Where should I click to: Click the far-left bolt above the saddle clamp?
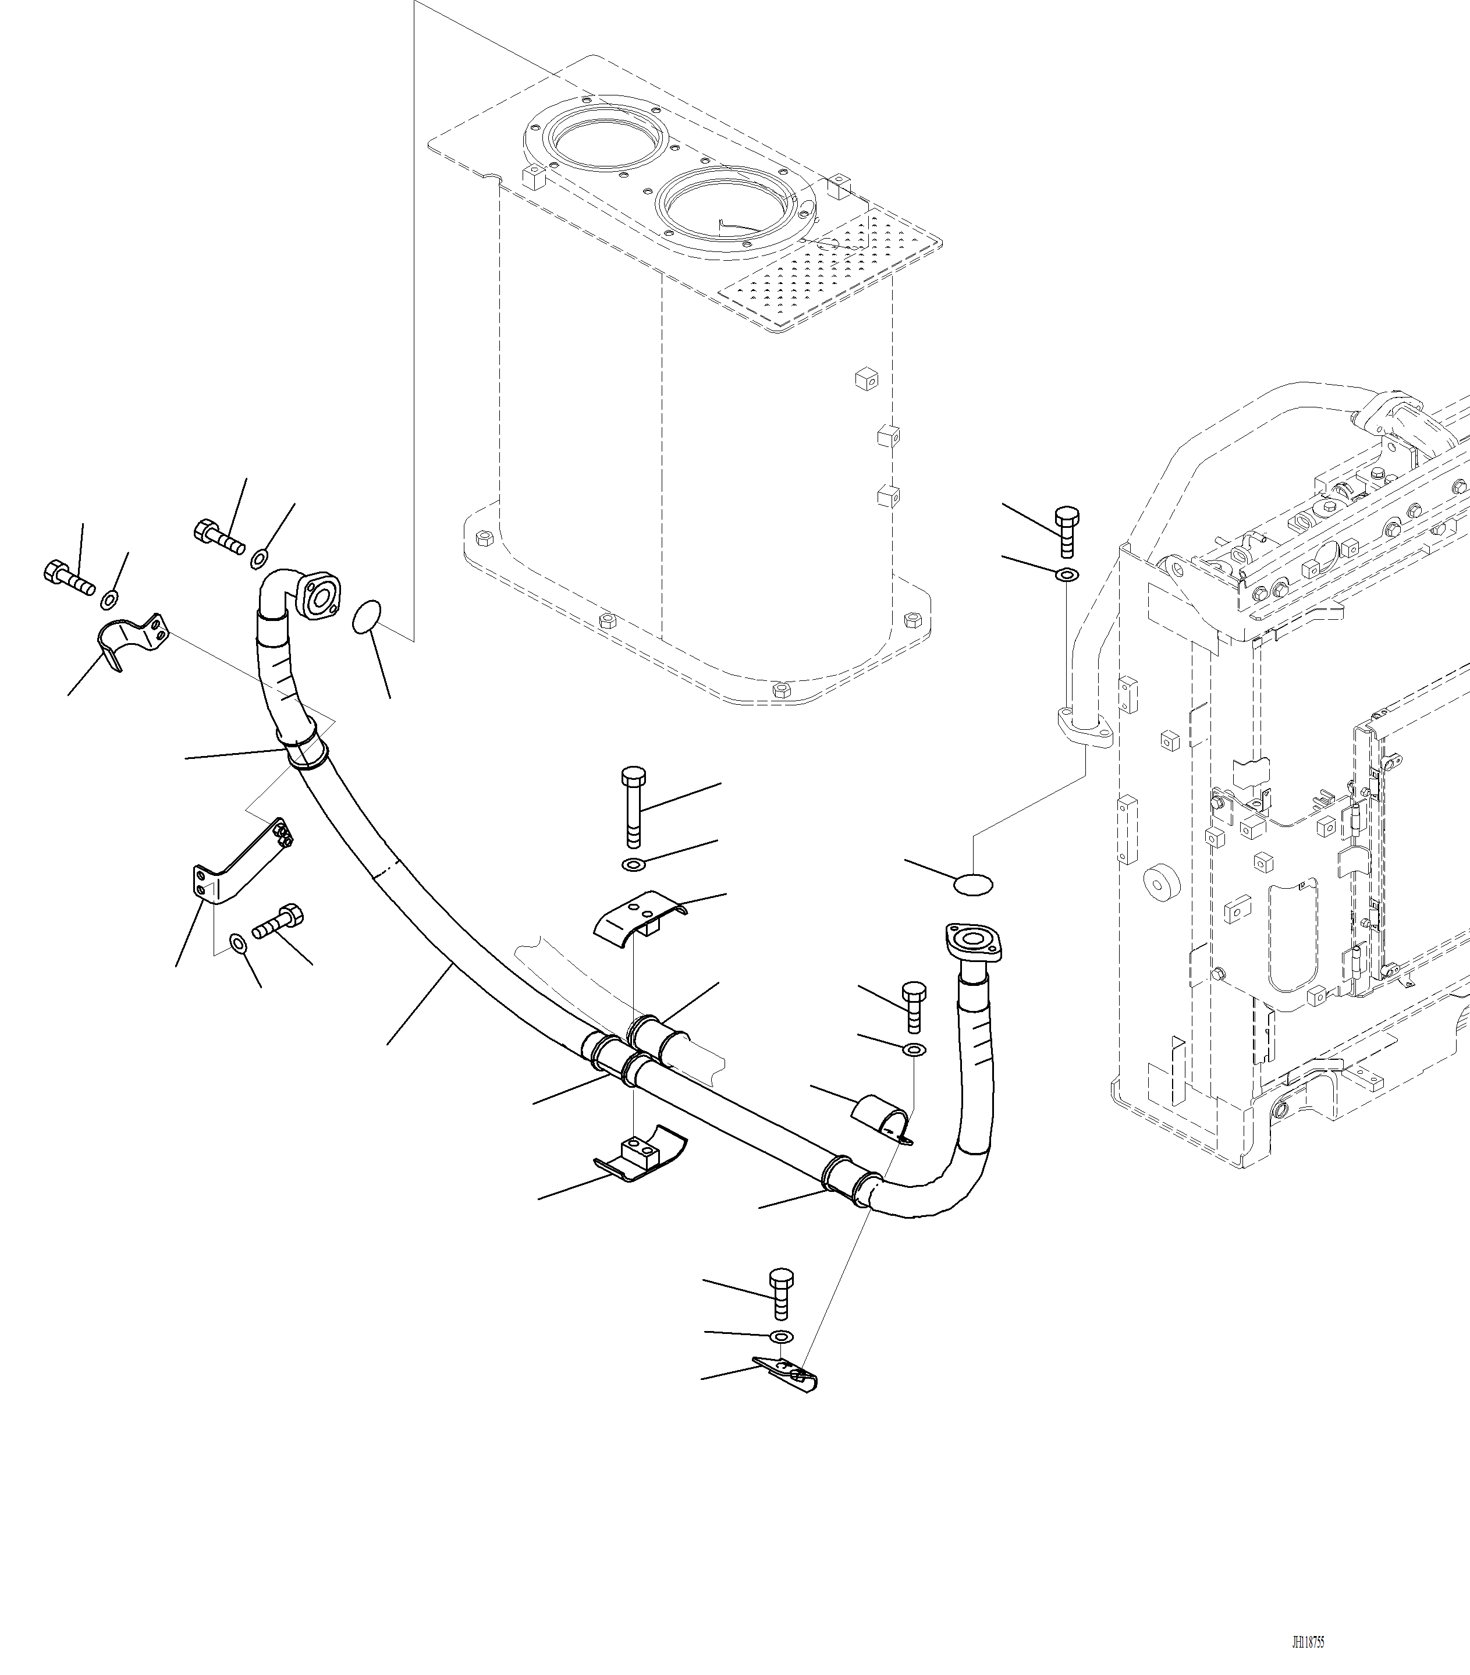point(66,576)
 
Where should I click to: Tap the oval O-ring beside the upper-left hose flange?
point(366,617)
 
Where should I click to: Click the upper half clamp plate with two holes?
point(637,918)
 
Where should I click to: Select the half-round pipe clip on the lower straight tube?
point(881,1116)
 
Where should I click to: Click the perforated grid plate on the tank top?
point(828,271)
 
